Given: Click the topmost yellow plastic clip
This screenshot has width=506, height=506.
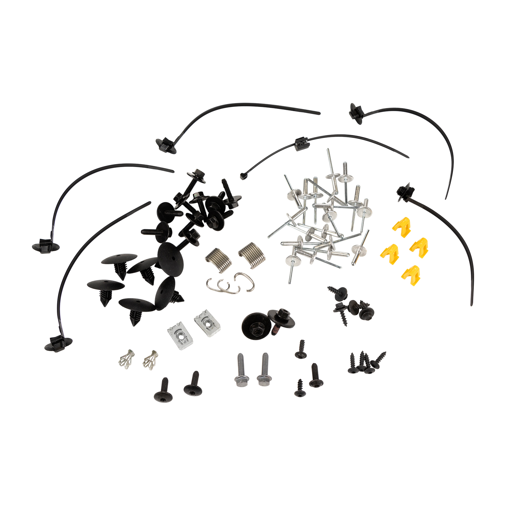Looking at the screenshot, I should tap(402, 226).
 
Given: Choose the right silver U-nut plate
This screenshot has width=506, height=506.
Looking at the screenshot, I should tap(207, 323).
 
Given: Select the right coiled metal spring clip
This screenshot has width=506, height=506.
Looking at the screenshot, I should tap(252, 255).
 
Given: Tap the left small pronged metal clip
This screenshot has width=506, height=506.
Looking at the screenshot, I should tap(126, 359).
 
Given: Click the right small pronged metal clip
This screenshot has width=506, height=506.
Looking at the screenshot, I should tap(150, 359).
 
